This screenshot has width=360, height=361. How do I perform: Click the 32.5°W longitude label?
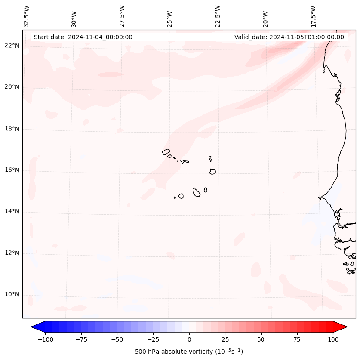click(27, 16)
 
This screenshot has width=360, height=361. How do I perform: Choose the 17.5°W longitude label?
click(313, 16)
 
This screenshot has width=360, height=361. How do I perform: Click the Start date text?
click(83, 37)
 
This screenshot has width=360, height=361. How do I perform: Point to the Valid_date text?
click(289, 37)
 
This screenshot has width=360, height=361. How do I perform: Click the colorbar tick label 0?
click(189, 339)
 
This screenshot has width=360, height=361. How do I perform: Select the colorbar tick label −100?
click(45, 339)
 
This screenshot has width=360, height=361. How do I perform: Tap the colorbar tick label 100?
click(333, 339)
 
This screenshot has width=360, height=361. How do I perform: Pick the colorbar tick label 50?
click(261, 339)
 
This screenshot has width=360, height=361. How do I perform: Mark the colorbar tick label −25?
click(153, 339)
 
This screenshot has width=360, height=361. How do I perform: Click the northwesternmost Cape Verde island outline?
click(166, 152)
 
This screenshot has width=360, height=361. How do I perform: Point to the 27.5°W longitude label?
click(122, 16)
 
